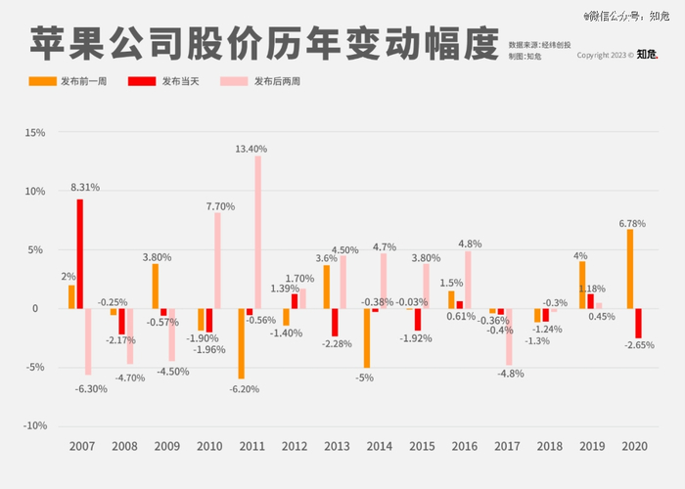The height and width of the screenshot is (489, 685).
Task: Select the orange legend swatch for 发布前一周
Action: click(x=42, y=81)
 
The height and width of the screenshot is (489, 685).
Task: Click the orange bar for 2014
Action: click(x=366, y=338)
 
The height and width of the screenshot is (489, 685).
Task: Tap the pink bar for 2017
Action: click(x=509, y=336)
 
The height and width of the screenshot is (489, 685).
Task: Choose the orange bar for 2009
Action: click(x=155, y=287)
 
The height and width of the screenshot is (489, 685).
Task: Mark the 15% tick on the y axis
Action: click(x=34, y=132)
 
